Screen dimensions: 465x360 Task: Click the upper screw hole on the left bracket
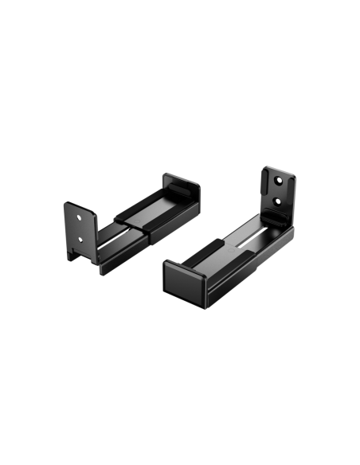(x=79, y=215)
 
